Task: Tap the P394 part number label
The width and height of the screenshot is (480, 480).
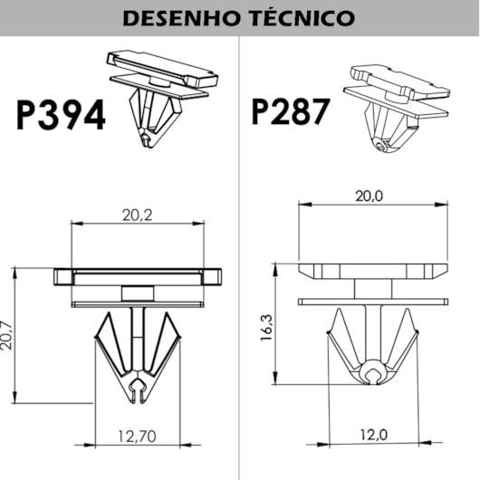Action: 59,115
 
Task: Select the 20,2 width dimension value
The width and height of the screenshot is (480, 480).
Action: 137,215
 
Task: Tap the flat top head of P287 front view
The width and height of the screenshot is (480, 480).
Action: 372,271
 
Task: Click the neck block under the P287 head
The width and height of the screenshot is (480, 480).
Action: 372,288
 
